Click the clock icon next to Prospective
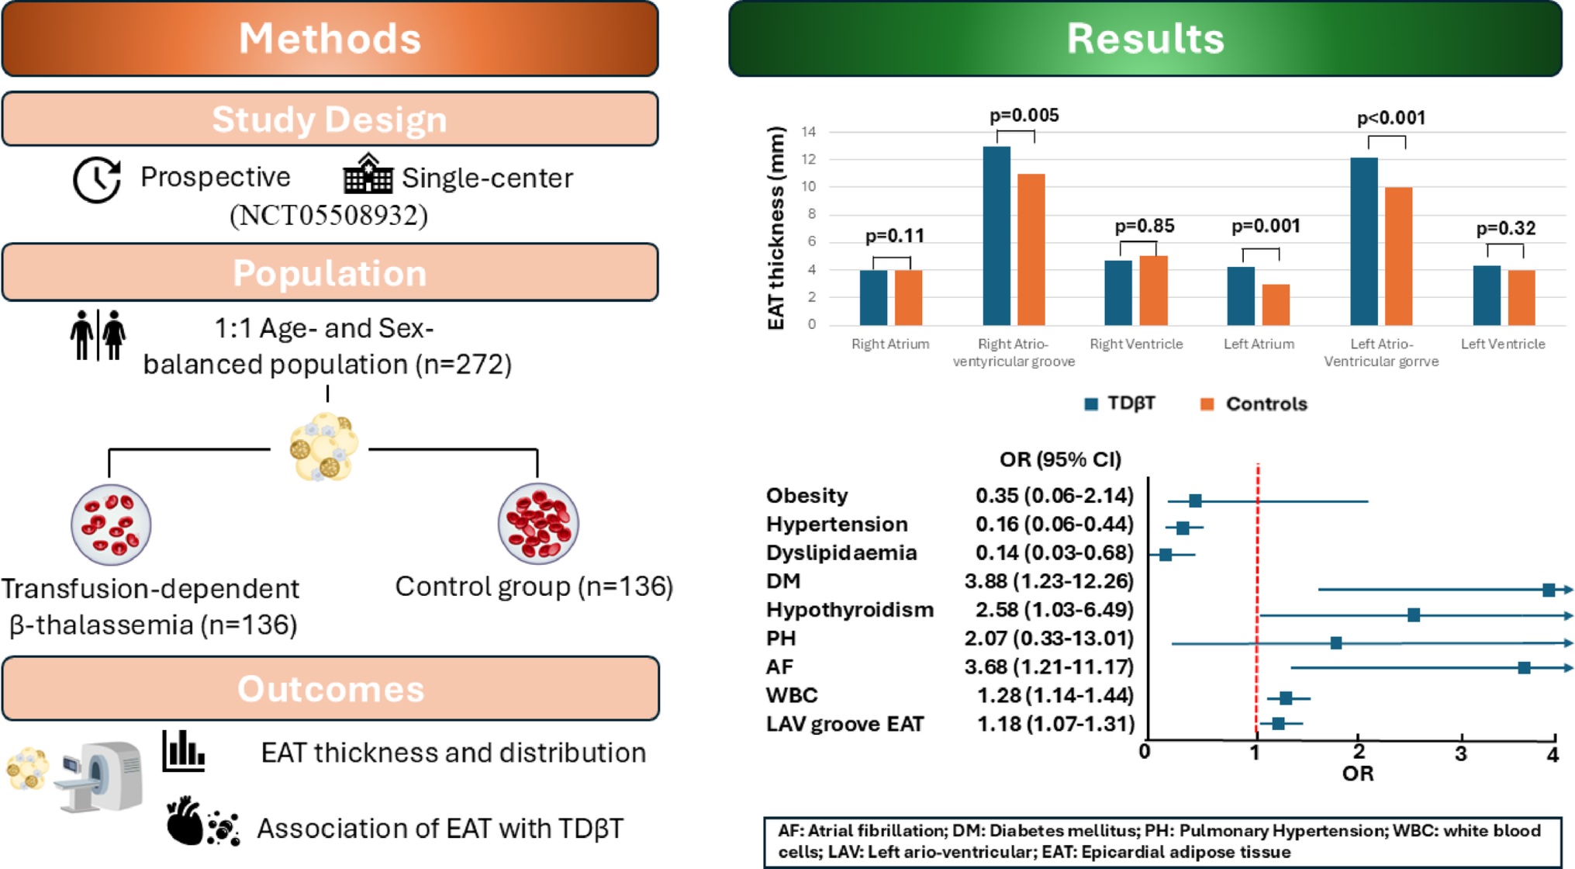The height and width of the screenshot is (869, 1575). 97,179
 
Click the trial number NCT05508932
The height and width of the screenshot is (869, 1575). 329,215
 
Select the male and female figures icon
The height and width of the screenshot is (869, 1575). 98,335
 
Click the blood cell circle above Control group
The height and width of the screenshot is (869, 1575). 537,524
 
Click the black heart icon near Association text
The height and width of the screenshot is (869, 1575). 184,822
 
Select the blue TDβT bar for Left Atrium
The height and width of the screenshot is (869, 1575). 1240,296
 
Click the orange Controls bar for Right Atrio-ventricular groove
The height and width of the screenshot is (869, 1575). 1031,249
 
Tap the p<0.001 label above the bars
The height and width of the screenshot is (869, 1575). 1390,119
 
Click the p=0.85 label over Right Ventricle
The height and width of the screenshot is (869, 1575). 1144,227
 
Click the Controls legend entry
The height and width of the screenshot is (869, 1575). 1253,404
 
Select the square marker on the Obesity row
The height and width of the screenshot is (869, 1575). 1195,501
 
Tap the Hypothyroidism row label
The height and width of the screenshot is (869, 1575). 849,610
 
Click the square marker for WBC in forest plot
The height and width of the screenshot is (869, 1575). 1286,698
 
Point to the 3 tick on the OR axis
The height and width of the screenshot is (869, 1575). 1461,753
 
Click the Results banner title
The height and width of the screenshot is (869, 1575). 1145,38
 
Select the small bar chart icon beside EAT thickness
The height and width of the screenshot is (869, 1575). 183,751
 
